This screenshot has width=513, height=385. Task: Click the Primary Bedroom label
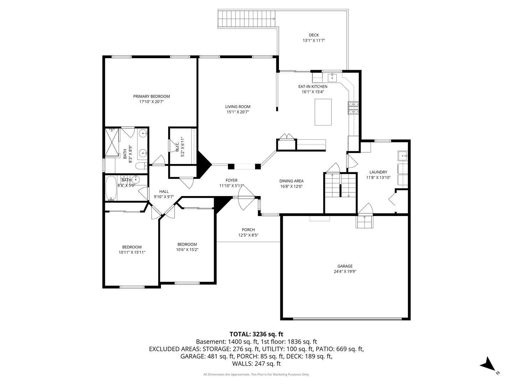pyautogui.click(x=151, y=96)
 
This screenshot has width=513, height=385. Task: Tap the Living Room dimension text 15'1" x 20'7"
pyautogui.click(x=238, y=112)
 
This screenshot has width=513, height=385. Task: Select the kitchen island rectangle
pyautogui.click(x=323, y=112)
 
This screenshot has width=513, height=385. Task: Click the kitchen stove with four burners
pyautogui.click(x=353, y=108)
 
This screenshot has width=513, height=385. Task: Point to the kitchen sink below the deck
pyautogui.click(x=332, y=78)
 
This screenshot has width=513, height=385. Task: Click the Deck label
pyautogui.click(x=313, y=35)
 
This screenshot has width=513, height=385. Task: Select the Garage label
pyautogui.click(x=345, y=266)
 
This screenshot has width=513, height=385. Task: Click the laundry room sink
pyautogui.click(x=403, y=155)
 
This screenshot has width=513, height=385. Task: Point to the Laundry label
pyautogui.click(x=378, y=172)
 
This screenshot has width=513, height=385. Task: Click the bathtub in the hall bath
pyautogui.click(x=111, y=188)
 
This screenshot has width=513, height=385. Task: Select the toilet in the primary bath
pyautogui.click(x=142, y=166)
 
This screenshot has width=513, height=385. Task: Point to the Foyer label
pyautogui.click(x=231, y=180)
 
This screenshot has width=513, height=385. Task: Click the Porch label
pyautogui.click(x=248, y=230)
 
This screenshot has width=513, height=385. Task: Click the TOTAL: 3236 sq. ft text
pyautogui.click(x=256, y=334)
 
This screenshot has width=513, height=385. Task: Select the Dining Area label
pyautogui.click(x=291, y=181)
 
